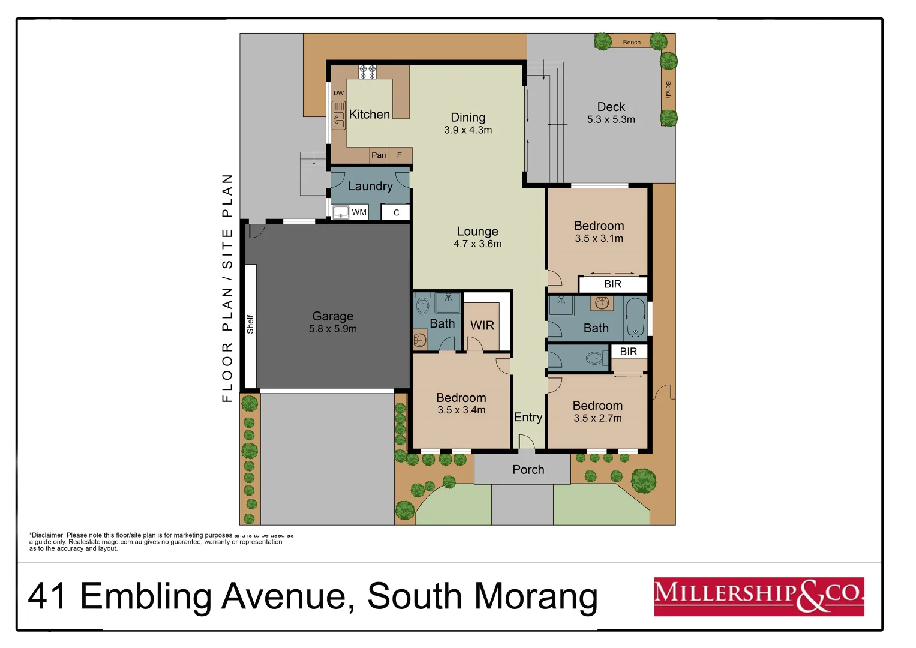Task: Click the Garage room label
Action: click(332, 316)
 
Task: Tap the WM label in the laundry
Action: click(359, 212)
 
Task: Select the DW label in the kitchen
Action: click(339, 93)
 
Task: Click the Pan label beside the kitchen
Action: click(379, 155)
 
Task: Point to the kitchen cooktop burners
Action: click(367, 72)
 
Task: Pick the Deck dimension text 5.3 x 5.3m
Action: click(611, 119)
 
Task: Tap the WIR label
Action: click(482, 325)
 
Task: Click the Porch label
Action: click(528, 469)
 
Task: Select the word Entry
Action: click(528, 417)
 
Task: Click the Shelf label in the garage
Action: click(250, 324)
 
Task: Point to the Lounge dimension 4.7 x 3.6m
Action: click(477, 244)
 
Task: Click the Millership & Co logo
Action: click(759, 596)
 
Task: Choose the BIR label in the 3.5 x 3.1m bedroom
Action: click(612, 284)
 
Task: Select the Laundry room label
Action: click(370, 186)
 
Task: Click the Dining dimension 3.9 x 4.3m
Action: click(468, 130)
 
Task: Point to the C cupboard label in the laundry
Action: click(396, 212)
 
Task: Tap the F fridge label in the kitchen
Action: click(399, 155)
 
